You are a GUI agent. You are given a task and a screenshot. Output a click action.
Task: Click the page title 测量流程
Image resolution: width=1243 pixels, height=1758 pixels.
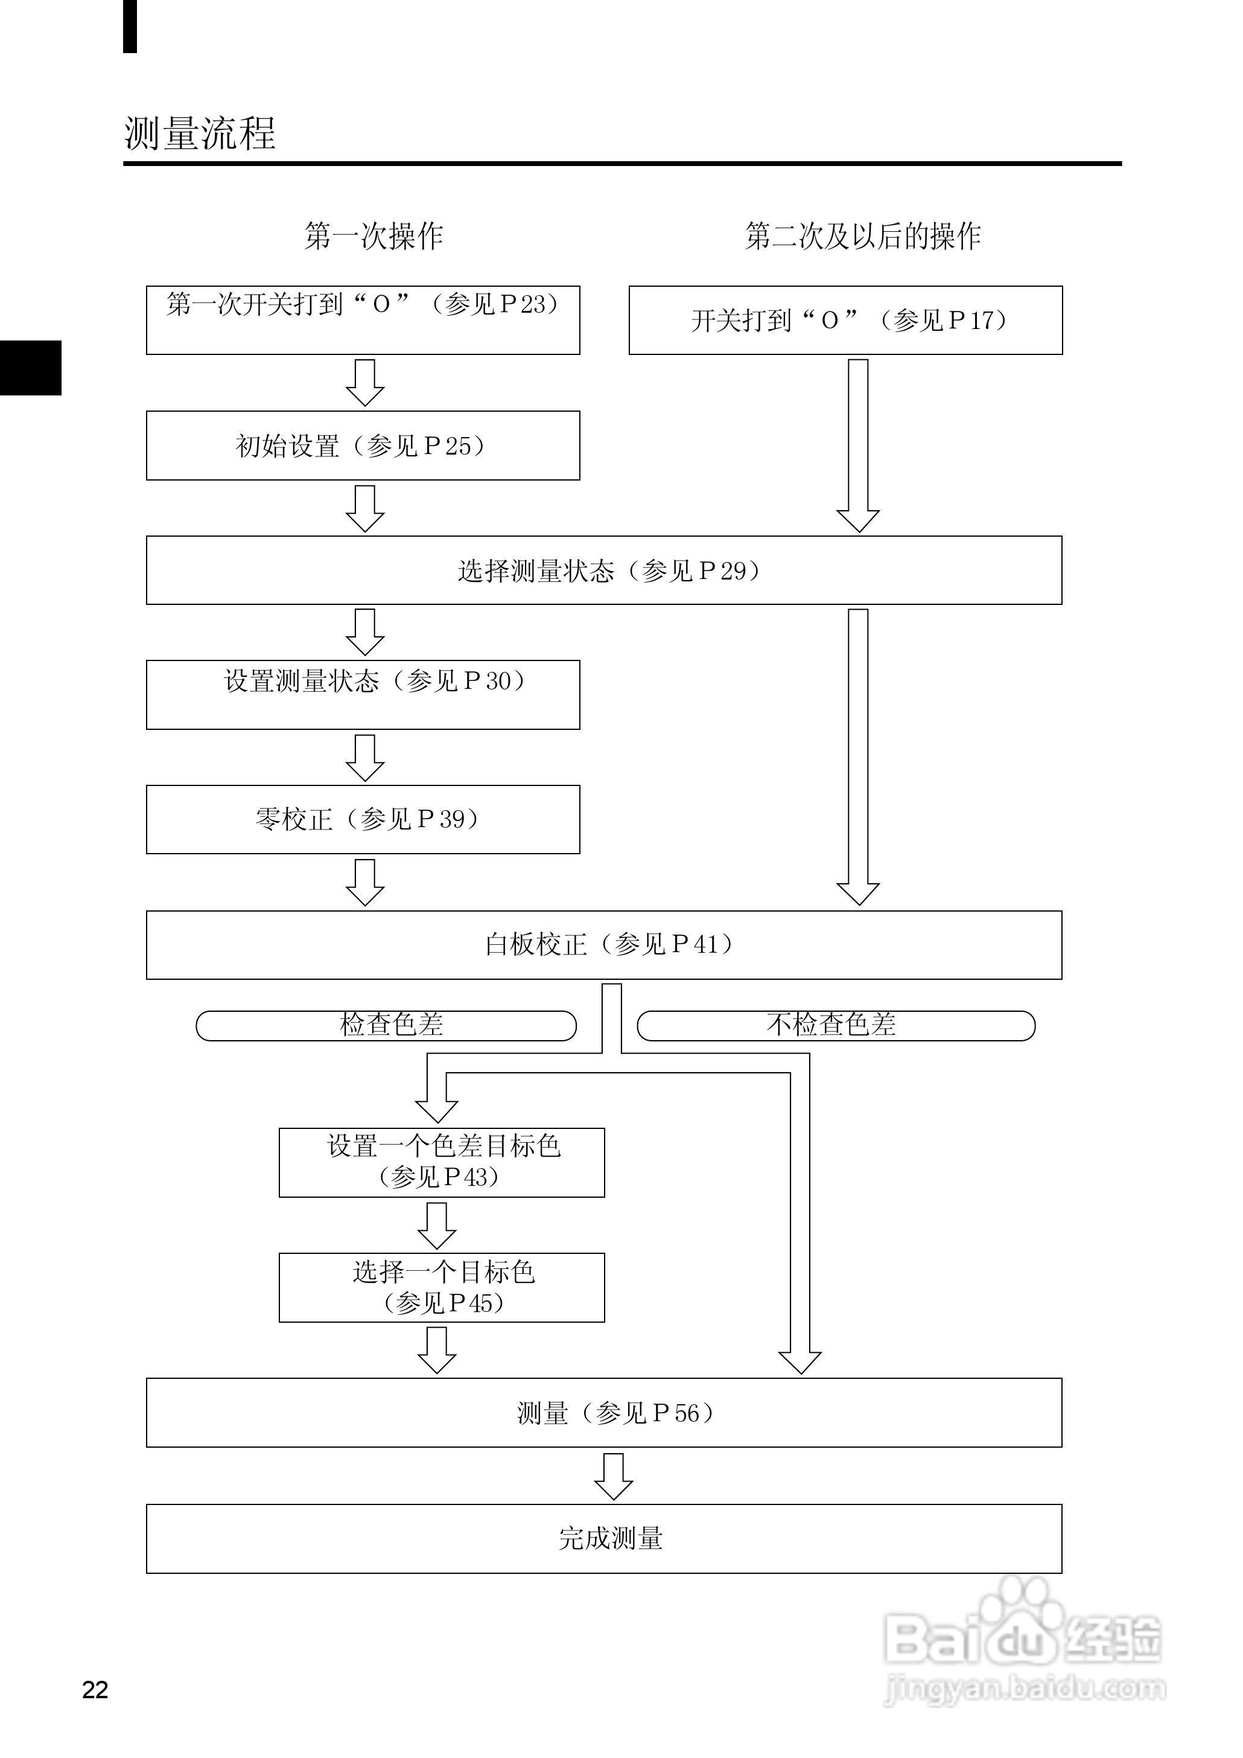tap(200, 133)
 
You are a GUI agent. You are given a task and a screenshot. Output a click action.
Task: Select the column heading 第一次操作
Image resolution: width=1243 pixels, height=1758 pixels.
tap(374, 236)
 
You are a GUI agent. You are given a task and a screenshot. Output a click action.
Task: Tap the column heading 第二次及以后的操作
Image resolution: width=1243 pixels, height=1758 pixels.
tap(863, 236)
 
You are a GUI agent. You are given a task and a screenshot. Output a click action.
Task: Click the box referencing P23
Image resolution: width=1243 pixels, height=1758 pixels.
tap(363, 319)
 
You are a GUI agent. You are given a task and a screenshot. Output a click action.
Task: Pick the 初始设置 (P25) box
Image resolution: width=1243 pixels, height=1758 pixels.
tap(363, 446)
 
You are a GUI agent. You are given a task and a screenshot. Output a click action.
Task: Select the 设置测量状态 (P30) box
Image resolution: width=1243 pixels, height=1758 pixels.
tap(363, 694)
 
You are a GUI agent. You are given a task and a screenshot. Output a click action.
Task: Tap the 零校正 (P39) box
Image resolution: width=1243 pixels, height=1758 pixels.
tap(363, 819)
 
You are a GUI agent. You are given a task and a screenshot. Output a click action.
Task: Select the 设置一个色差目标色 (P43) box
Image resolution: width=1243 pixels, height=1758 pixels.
tap(442, 1162)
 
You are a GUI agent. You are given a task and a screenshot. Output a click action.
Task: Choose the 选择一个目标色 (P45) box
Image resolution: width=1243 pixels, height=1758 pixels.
tap(442, 1287)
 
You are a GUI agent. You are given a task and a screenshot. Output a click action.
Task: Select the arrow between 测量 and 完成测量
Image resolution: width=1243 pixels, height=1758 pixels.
tap(613, 1475)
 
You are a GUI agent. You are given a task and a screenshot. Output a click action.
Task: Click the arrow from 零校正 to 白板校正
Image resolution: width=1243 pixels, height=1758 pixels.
tap(365, 881)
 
